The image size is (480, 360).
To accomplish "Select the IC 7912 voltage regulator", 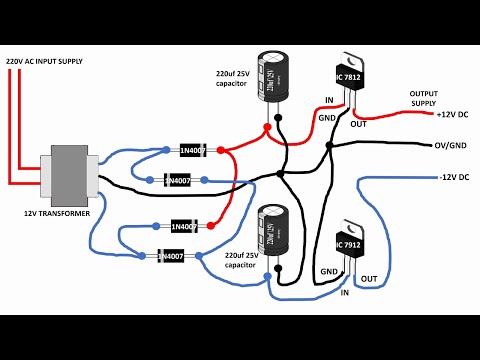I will (349, 246).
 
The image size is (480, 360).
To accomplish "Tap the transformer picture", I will (68, 176).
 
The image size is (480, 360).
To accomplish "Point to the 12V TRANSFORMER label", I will (58, 214).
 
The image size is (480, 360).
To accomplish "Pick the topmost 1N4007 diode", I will (193, 150).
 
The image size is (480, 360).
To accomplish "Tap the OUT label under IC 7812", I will (358, 124).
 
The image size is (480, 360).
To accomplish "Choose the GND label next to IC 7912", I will (328, 271).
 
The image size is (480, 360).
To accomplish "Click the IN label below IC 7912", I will (345, 293).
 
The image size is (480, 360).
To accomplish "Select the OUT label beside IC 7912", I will (369, 278).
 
